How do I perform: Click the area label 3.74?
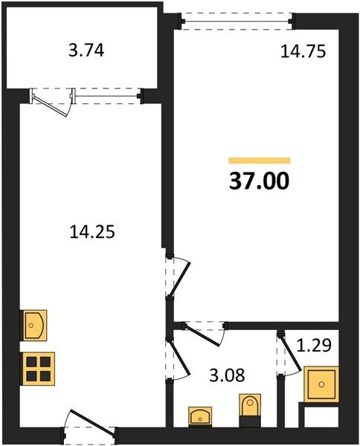click(x=86, y=51)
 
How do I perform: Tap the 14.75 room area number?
click(x=303, y=52)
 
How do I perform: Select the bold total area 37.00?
click(x=260, y=181)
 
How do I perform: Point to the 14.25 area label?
click(x=92, y=231)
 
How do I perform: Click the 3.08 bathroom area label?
click(x=227, y=375)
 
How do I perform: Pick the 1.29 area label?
click(x=314, y=346)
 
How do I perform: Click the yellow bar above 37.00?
click(x=260, y=161)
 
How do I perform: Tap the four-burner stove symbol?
click(x=37, y=369)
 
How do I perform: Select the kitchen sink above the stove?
click(x=33, y=326)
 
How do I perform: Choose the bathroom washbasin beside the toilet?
click(x=200, y=417)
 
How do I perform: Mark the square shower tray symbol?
click(x=321, y=384)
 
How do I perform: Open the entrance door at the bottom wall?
click(x=90, y=427)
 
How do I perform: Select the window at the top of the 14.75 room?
click(x=237, y=22)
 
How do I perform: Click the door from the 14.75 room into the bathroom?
click(x=205, y=332)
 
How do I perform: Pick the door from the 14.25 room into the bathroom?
click(x=176, y=359)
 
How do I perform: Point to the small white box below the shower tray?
click(x=321, y=417)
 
